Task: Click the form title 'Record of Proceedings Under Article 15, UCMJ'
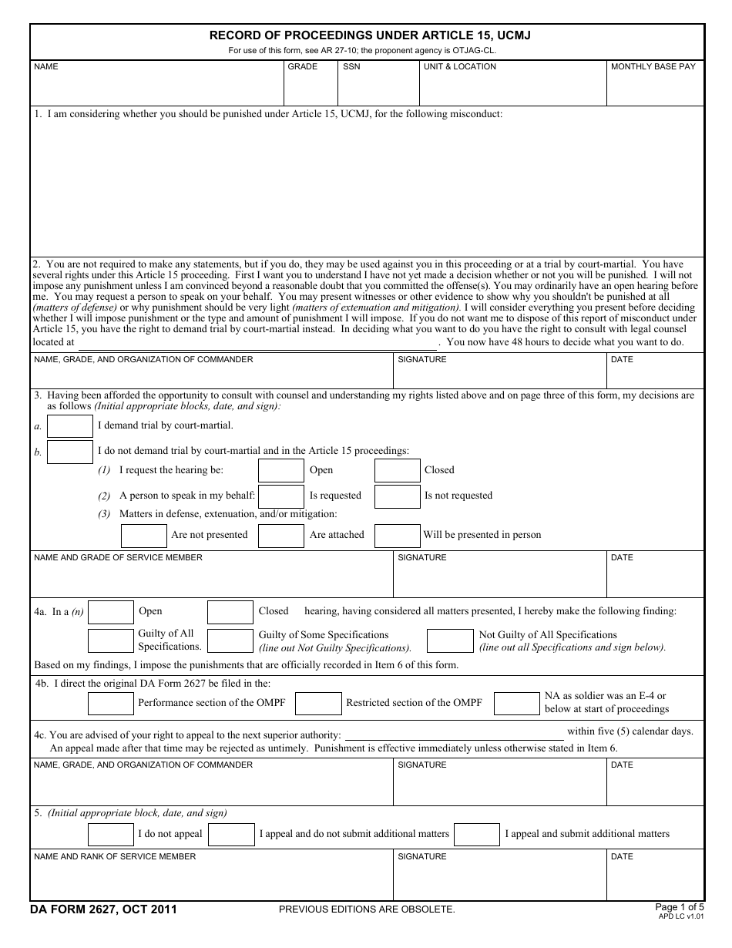point(370,35)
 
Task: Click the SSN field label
point(351,67)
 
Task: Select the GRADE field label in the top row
point(302,67)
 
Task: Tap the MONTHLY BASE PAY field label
point(653,67)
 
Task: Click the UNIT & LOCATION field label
point(459,67)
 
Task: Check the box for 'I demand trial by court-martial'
point(69,426)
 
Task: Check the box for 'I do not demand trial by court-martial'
point(69,452)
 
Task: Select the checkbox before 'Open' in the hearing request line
point(280,470)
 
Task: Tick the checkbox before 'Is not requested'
point(397,496)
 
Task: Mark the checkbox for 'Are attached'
point(280,536)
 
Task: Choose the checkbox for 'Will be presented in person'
point(397,536)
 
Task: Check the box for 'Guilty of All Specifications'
point(110,640)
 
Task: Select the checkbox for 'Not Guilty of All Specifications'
point(449,640)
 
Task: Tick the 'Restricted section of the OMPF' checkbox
point(318,703)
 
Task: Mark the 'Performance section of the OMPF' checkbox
point(110,703)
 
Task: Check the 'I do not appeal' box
point(110,834)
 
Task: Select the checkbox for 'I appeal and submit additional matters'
point(476,834)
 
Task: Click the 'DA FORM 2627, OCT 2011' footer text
point(103,909)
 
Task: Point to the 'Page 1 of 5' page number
point(679,906)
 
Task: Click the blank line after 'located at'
point(258,342)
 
